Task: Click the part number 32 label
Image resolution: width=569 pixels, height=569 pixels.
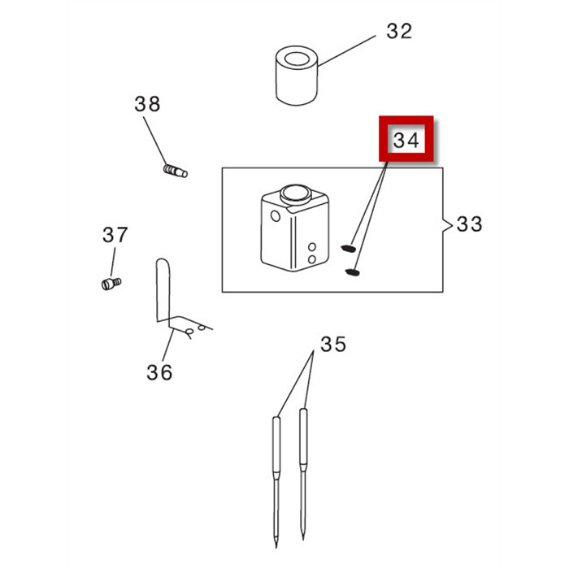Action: (x=399, y=32)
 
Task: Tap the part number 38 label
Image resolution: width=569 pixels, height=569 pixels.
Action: (x=147, y=104)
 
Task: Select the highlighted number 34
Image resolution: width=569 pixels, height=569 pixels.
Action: (x=406, y=141)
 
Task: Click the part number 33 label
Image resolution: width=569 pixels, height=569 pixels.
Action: (x=469, y=224)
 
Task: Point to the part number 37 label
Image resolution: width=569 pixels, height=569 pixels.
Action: (x=115, y=236)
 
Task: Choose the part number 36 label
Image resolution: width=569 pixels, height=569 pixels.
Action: (x=159, y=372)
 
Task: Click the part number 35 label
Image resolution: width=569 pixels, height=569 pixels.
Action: (x=332, y=344)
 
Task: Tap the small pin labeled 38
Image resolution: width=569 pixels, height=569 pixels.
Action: (x=175, y=171)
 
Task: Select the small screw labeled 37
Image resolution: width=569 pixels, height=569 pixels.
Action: (x=111, y=283)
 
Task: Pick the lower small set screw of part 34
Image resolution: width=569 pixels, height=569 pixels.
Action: (x=353, y=271)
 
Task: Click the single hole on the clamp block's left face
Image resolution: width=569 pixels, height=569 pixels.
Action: (x=276, y=216)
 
